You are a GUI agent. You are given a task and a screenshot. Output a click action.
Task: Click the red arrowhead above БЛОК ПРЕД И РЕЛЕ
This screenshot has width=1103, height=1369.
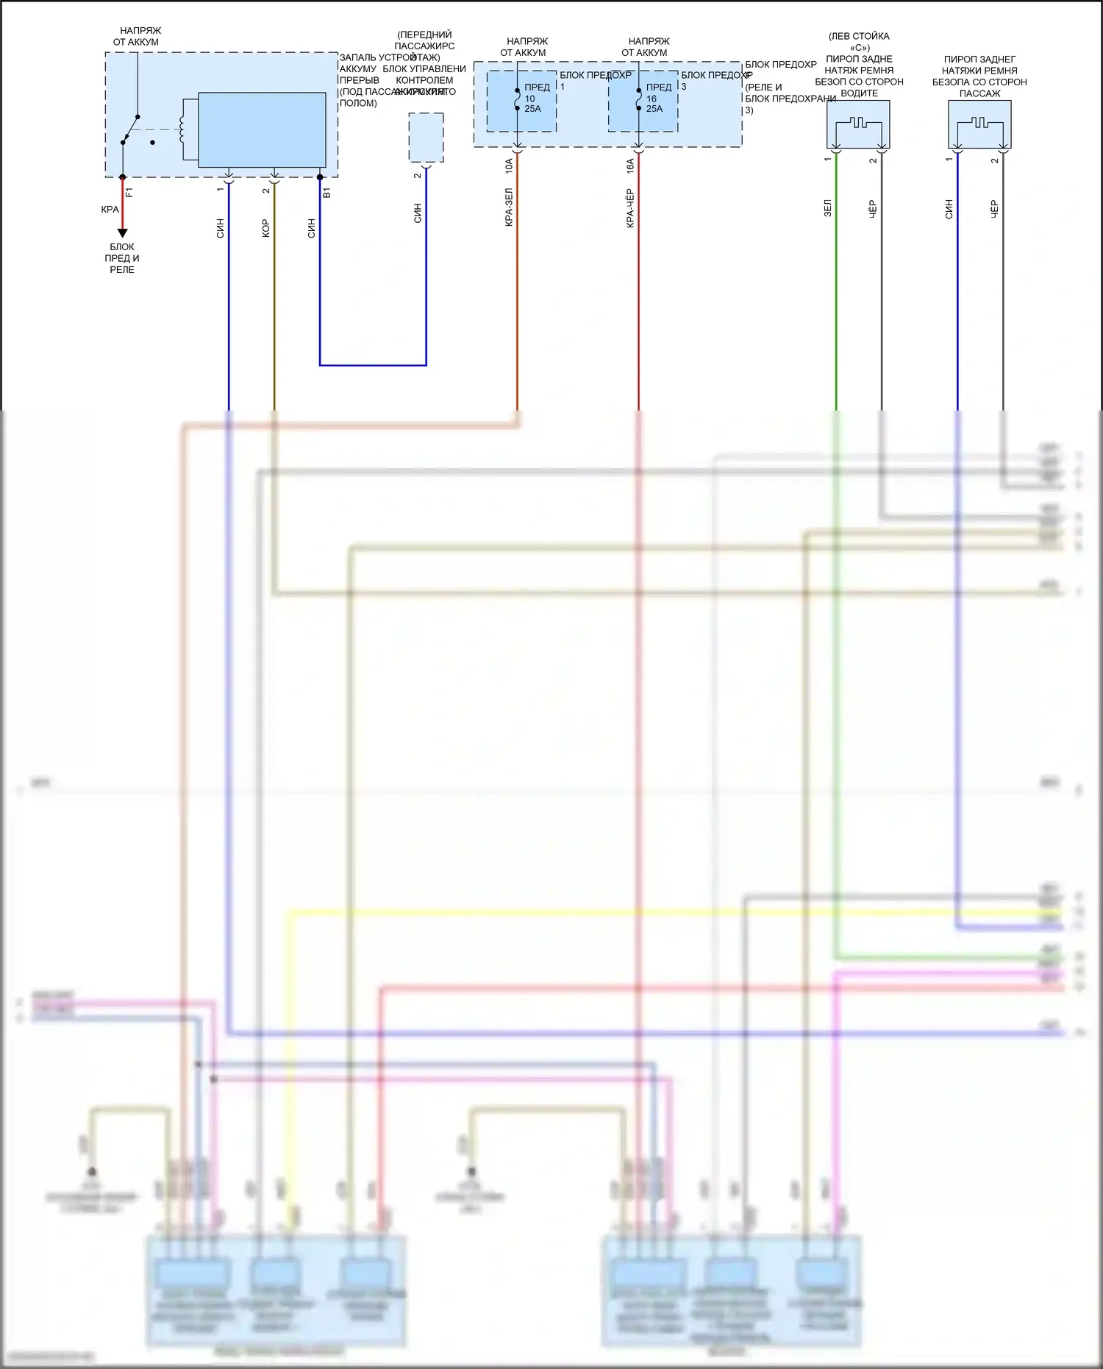point(123,232)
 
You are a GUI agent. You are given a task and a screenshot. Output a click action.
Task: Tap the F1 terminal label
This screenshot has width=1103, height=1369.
point(129,193)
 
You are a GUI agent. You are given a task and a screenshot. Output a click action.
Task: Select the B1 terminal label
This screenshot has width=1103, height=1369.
point(327,193)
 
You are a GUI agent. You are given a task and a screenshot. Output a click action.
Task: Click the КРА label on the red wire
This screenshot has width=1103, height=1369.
point(110,210)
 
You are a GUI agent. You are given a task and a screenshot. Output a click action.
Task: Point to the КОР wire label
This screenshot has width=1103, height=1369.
point(265,228)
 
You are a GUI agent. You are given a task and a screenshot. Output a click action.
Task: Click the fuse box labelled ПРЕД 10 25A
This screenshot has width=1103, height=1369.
point(521,102)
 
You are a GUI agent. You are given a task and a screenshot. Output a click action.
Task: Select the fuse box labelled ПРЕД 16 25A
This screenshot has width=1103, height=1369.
point(643,102)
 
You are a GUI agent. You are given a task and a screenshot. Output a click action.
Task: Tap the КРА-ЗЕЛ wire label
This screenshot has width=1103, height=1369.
point(509,207)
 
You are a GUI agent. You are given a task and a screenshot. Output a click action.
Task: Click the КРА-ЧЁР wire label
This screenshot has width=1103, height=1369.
point(630,208)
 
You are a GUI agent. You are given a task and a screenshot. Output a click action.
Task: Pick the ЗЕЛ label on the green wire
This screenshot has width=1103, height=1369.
point(827,207)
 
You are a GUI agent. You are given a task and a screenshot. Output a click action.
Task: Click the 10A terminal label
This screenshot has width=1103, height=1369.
point(509,166)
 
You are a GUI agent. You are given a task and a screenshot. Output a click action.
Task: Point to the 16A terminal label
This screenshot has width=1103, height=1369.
point(630,166)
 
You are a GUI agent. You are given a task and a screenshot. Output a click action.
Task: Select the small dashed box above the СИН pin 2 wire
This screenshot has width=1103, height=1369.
point(426,138)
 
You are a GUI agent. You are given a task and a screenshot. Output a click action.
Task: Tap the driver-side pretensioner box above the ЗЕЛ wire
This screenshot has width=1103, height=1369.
point(858,124)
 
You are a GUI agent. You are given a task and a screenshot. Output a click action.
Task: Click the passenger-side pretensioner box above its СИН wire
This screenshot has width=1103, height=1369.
point(979,124)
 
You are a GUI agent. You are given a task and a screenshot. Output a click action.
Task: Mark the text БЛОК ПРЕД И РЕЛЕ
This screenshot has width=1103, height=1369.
point(122,258)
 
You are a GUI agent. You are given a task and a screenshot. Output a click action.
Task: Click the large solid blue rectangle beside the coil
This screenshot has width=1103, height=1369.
point(262,130)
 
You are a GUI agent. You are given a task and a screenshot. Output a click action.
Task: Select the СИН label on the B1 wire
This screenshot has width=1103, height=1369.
point(311,228)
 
